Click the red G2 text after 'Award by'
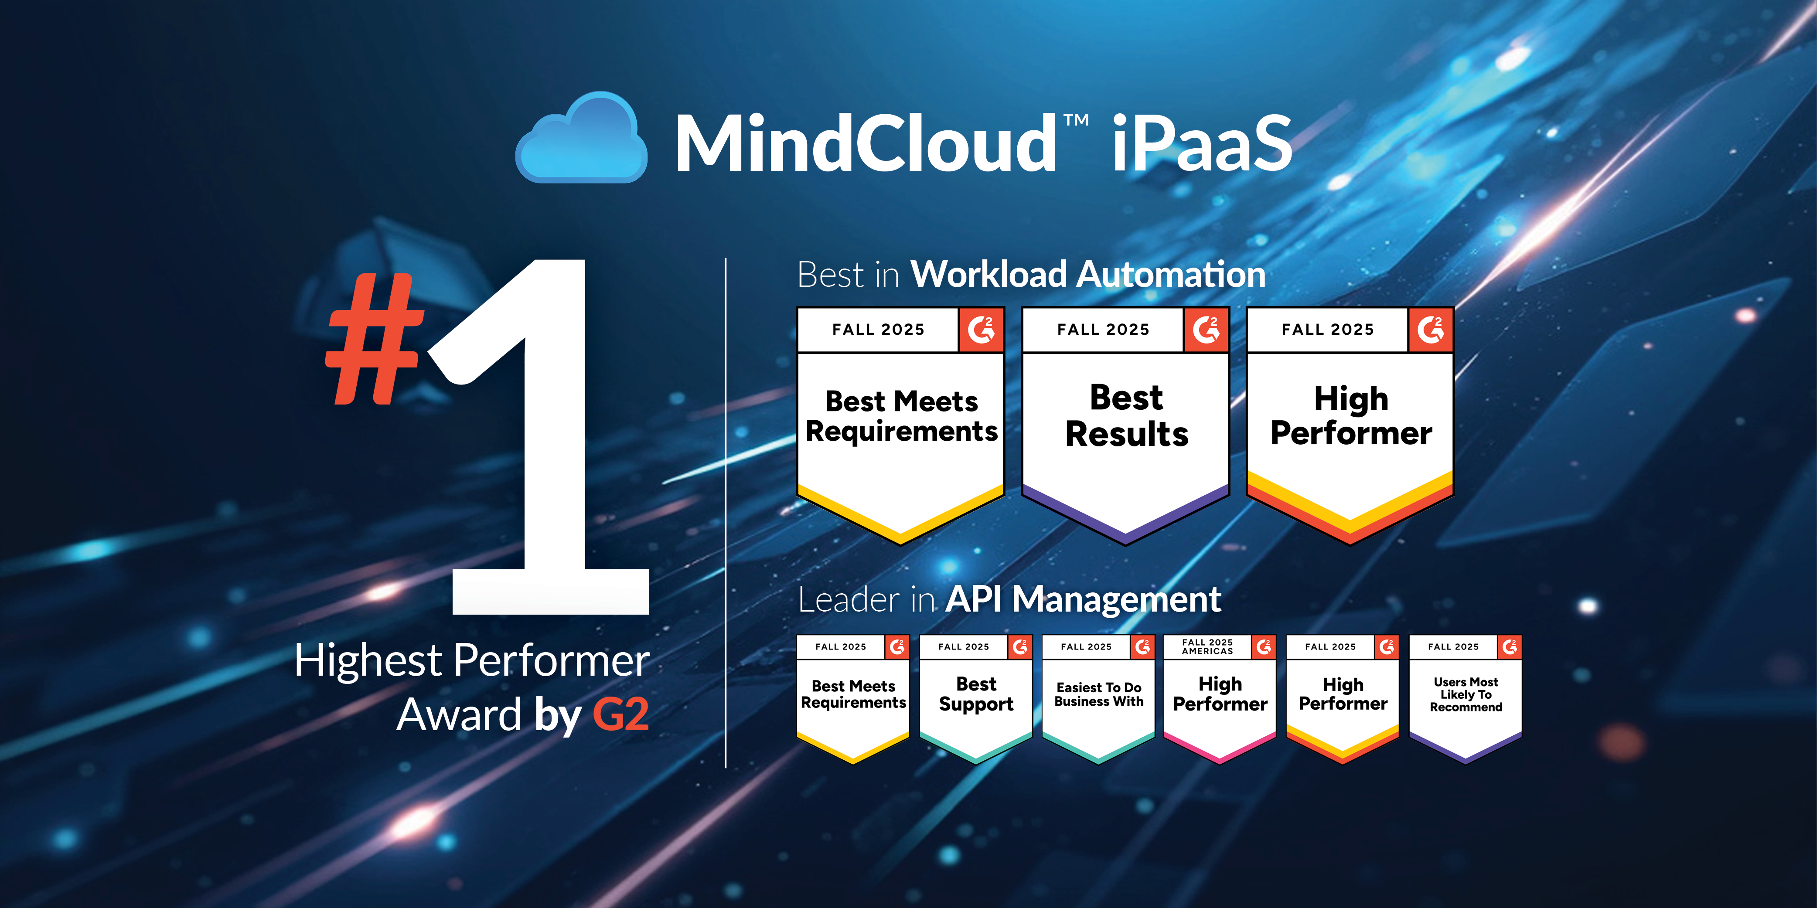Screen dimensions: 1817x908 click(621, 714)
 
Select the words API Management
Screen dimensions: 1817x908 click(1083, 599)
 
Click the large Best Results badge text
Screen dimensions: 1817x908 click(1126, 416)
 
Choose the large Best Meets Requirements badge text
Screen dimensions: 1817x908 click(901, 416)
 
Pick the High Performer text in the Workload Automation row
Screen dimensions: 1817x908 click(1351, 416)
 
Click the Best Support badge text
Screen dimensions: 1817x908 click(976, 694)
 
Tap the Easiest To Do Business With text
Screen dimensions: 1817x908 click(1099, 694)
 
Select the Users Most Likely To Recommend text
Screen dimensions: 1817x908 click(1466, 694)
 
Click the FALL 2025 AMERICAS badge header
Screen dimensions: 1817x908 click(1207, 646)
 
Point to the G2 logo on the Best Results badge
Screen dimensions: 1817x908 click(1206, 329)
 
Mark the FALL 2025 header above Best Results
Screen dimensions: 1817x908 click(1103, 329)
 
